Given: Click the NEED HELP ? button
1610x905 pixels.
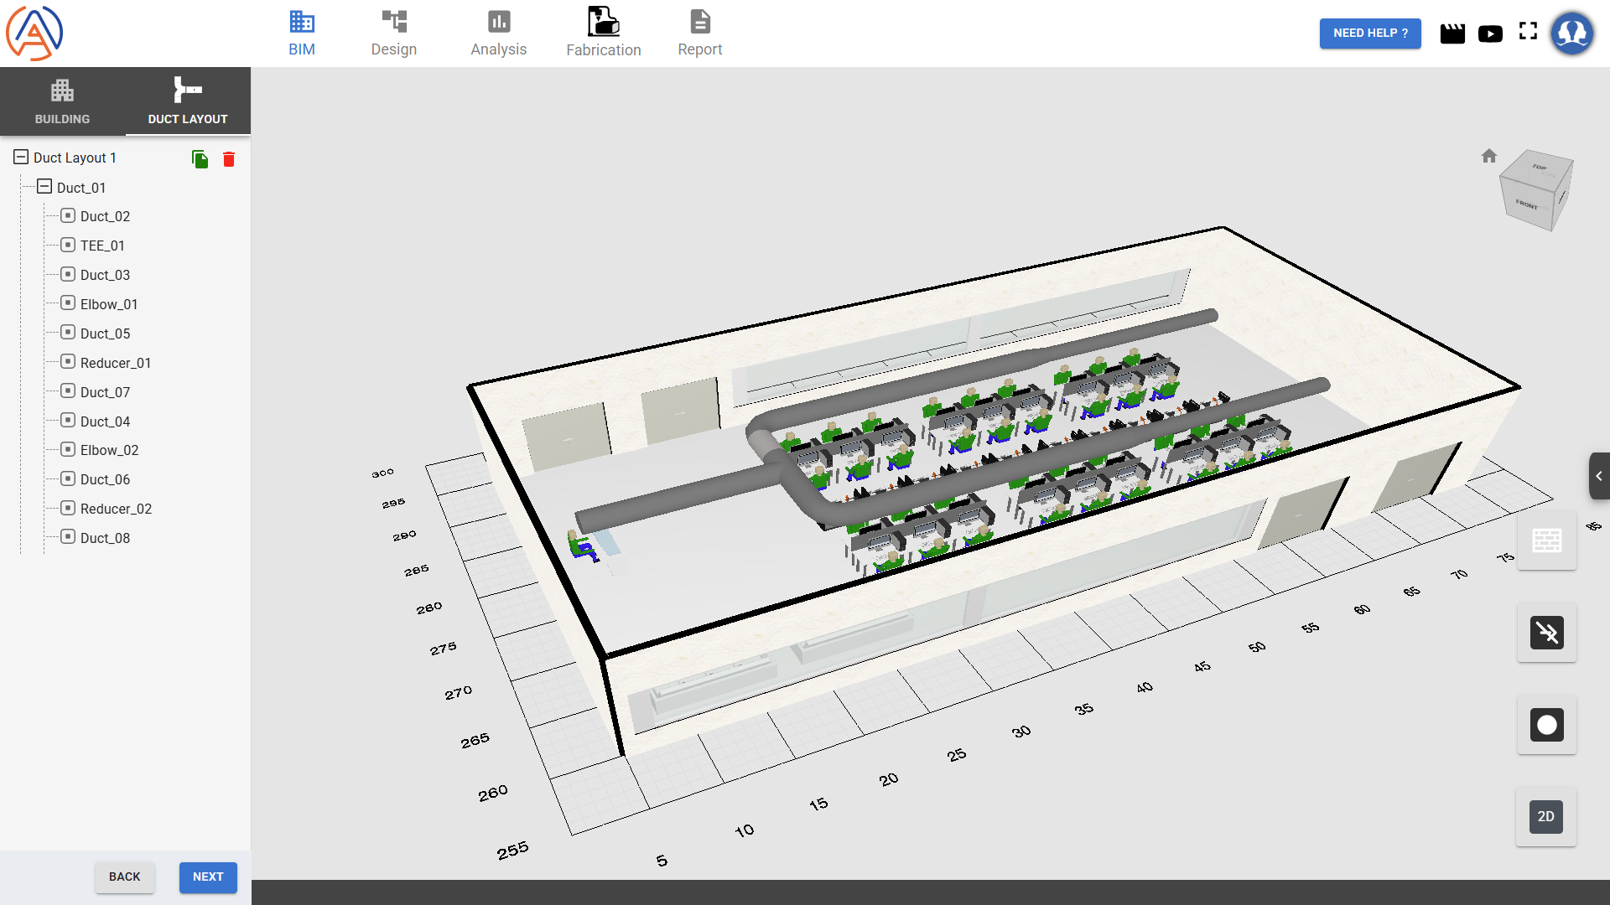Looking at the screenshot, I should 1369,34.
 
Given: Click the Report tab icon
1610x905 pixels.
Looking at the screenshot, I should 700,22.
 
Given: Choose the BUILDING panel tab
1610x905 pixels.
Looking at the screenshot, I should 62,101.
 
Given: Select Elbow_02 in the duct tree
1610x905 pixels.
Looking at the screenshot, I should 109,450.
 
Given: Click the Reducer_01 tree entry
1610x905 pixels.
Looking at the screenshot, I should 116,363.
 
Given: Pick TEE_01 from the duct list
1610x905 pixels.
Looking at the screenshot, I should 102,246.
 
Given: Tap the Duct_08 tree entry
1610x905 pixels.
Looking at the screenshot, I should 105,538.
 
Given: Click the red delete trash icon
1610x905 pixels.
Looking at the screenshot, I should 229,159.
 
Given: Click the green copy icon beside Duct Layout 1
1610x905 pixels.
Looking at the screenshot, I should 200,159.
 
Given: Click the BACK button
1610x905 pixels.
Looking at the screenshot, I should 124,877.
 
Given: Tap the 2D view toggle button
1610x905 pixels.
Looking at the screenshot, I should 1545,817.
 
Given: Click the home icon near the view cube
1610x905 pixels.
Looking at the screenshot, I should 1489,156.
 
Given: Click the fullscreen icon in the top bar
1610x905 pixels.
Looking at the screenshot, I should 1528,32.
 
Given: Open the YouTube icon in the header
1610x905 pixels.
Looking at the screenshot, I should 1490,34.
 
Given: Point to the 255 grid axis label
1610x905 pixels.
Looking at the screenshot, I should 512,851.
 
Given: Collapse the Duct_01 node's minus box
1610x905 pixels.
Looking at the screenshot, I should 44,187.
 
